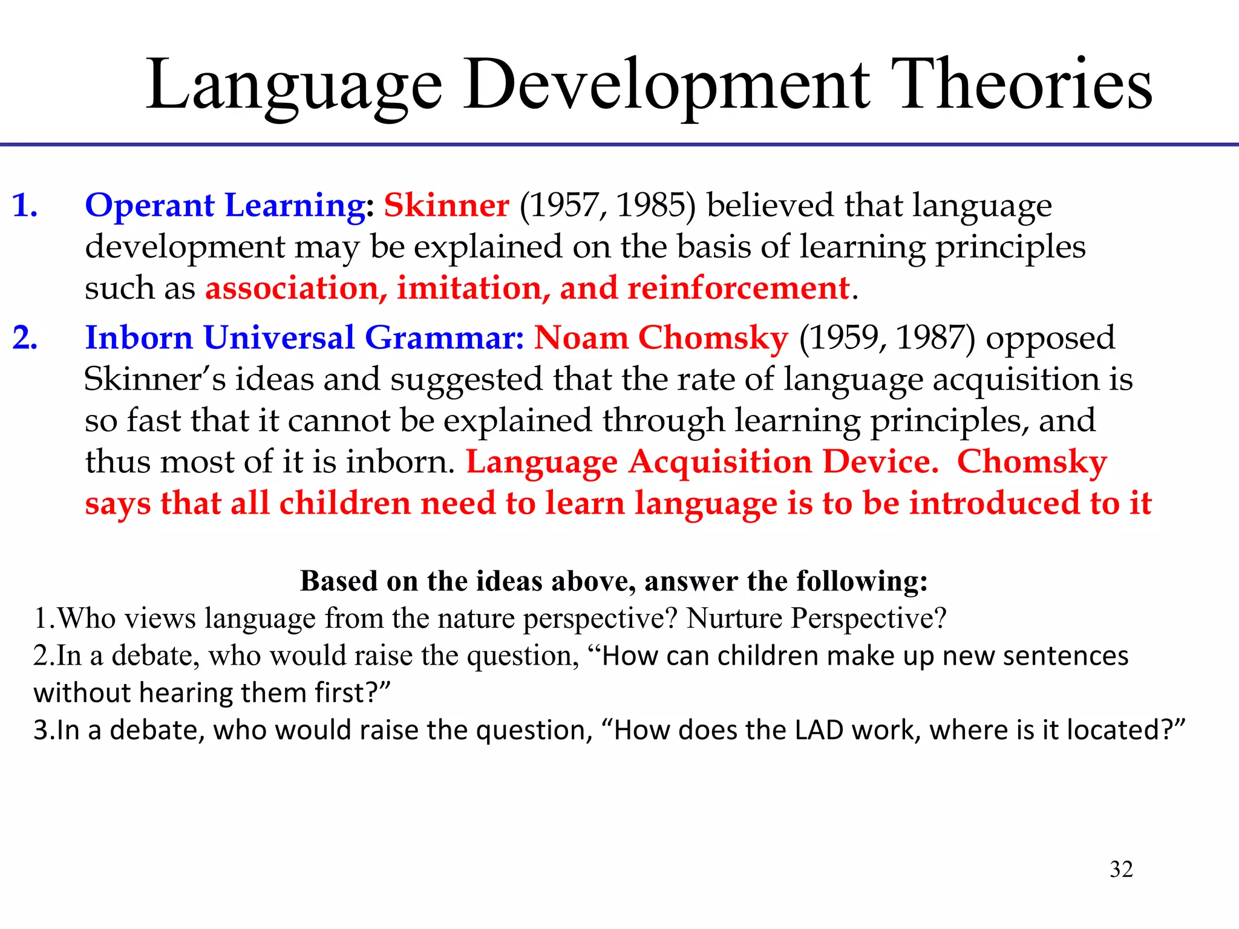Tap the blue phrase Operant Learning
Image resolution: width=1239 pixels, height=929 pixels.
click(225, 206)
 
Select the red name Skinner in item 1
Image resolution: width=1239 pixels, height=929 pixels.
click(446, 206)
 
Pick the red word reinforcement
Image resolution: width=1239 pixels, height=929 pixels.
click(738, 288)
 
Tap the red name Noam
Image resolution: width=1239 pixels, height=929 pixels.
click(581, 337)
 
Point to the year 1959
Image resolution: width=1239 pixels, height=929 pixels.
click(843, 337)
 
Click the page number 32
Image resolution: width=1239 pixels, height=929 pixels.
click(1121, 869)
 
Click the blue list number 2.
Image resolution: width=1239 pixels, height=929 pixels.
click(25, 337)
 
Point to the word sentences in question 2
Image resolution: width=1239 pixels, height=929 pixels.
click(1065, 656)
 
